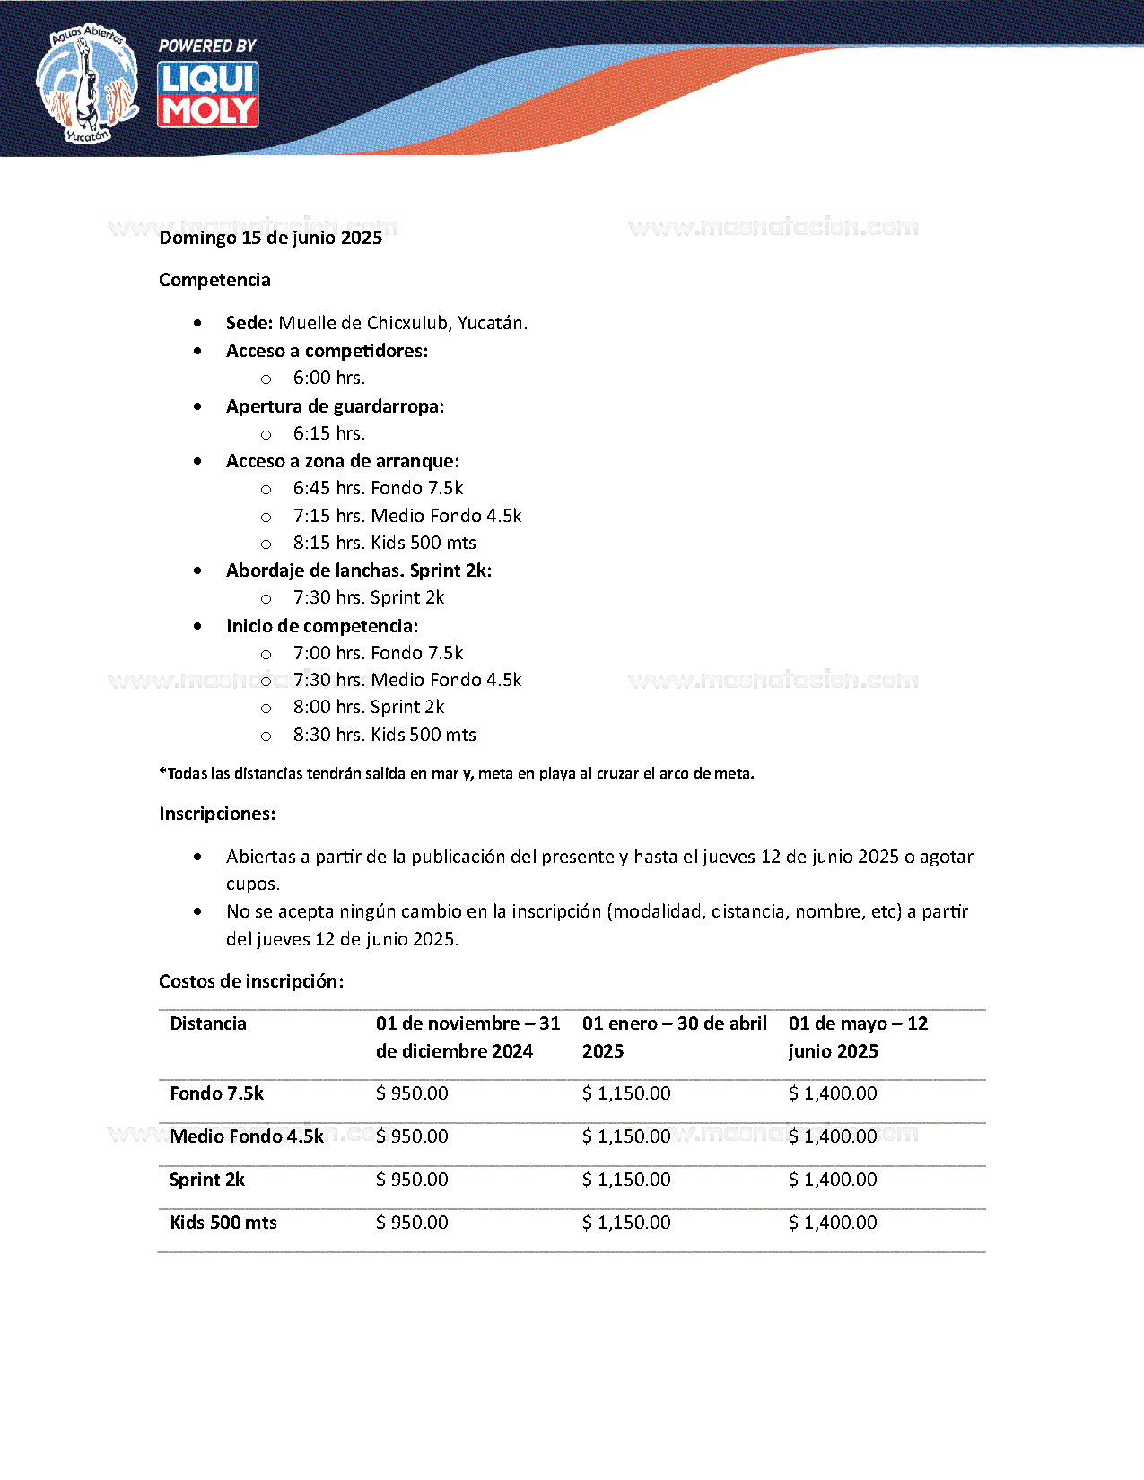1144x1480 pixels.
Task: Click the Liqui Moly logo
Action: [208, 94]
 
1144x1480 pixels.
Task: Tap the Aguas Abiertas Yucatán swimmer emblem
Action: [87, 84]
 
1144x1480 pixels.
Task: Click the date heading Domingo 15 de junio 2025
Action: [271, 238]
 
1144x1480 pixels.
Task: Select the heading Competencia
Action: [214, 280]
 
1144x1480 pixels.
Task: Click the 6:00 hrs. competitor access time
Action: [329, 378]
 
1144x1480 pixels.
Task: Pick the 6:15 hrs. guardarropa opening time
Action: [329, 433]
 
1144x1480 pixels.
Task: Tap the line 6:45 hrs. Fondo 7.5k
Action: [378, 488]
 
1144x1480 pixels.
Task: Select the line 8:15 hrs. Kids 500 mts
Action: [384, 543]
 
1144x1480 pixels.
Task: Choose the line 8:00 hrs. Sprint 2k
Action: [369, 707]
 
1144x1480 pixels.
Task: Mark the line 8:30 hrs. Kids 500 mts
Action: [384, 735]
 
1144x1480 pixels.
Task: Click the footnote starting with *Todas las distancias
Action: [457, 773]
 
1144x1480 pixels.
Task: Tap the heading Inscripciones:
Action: [217, 814]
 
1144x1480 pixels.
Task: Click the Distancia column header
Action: [208, 1023]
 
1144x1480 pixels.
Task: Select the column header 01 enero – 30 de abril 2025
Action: [674, 1037]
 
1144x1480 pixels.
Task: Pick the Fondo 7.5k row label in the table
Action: [217, 1093]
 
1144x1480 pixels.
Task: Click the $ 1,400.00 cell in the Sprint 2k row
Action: [833, 1180]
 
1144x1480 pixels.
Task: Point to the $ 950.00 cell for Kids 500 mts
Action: [412, 1223]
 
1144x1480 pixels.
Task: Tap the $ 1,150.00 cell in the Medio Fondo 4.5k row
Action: [626, 1136]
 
